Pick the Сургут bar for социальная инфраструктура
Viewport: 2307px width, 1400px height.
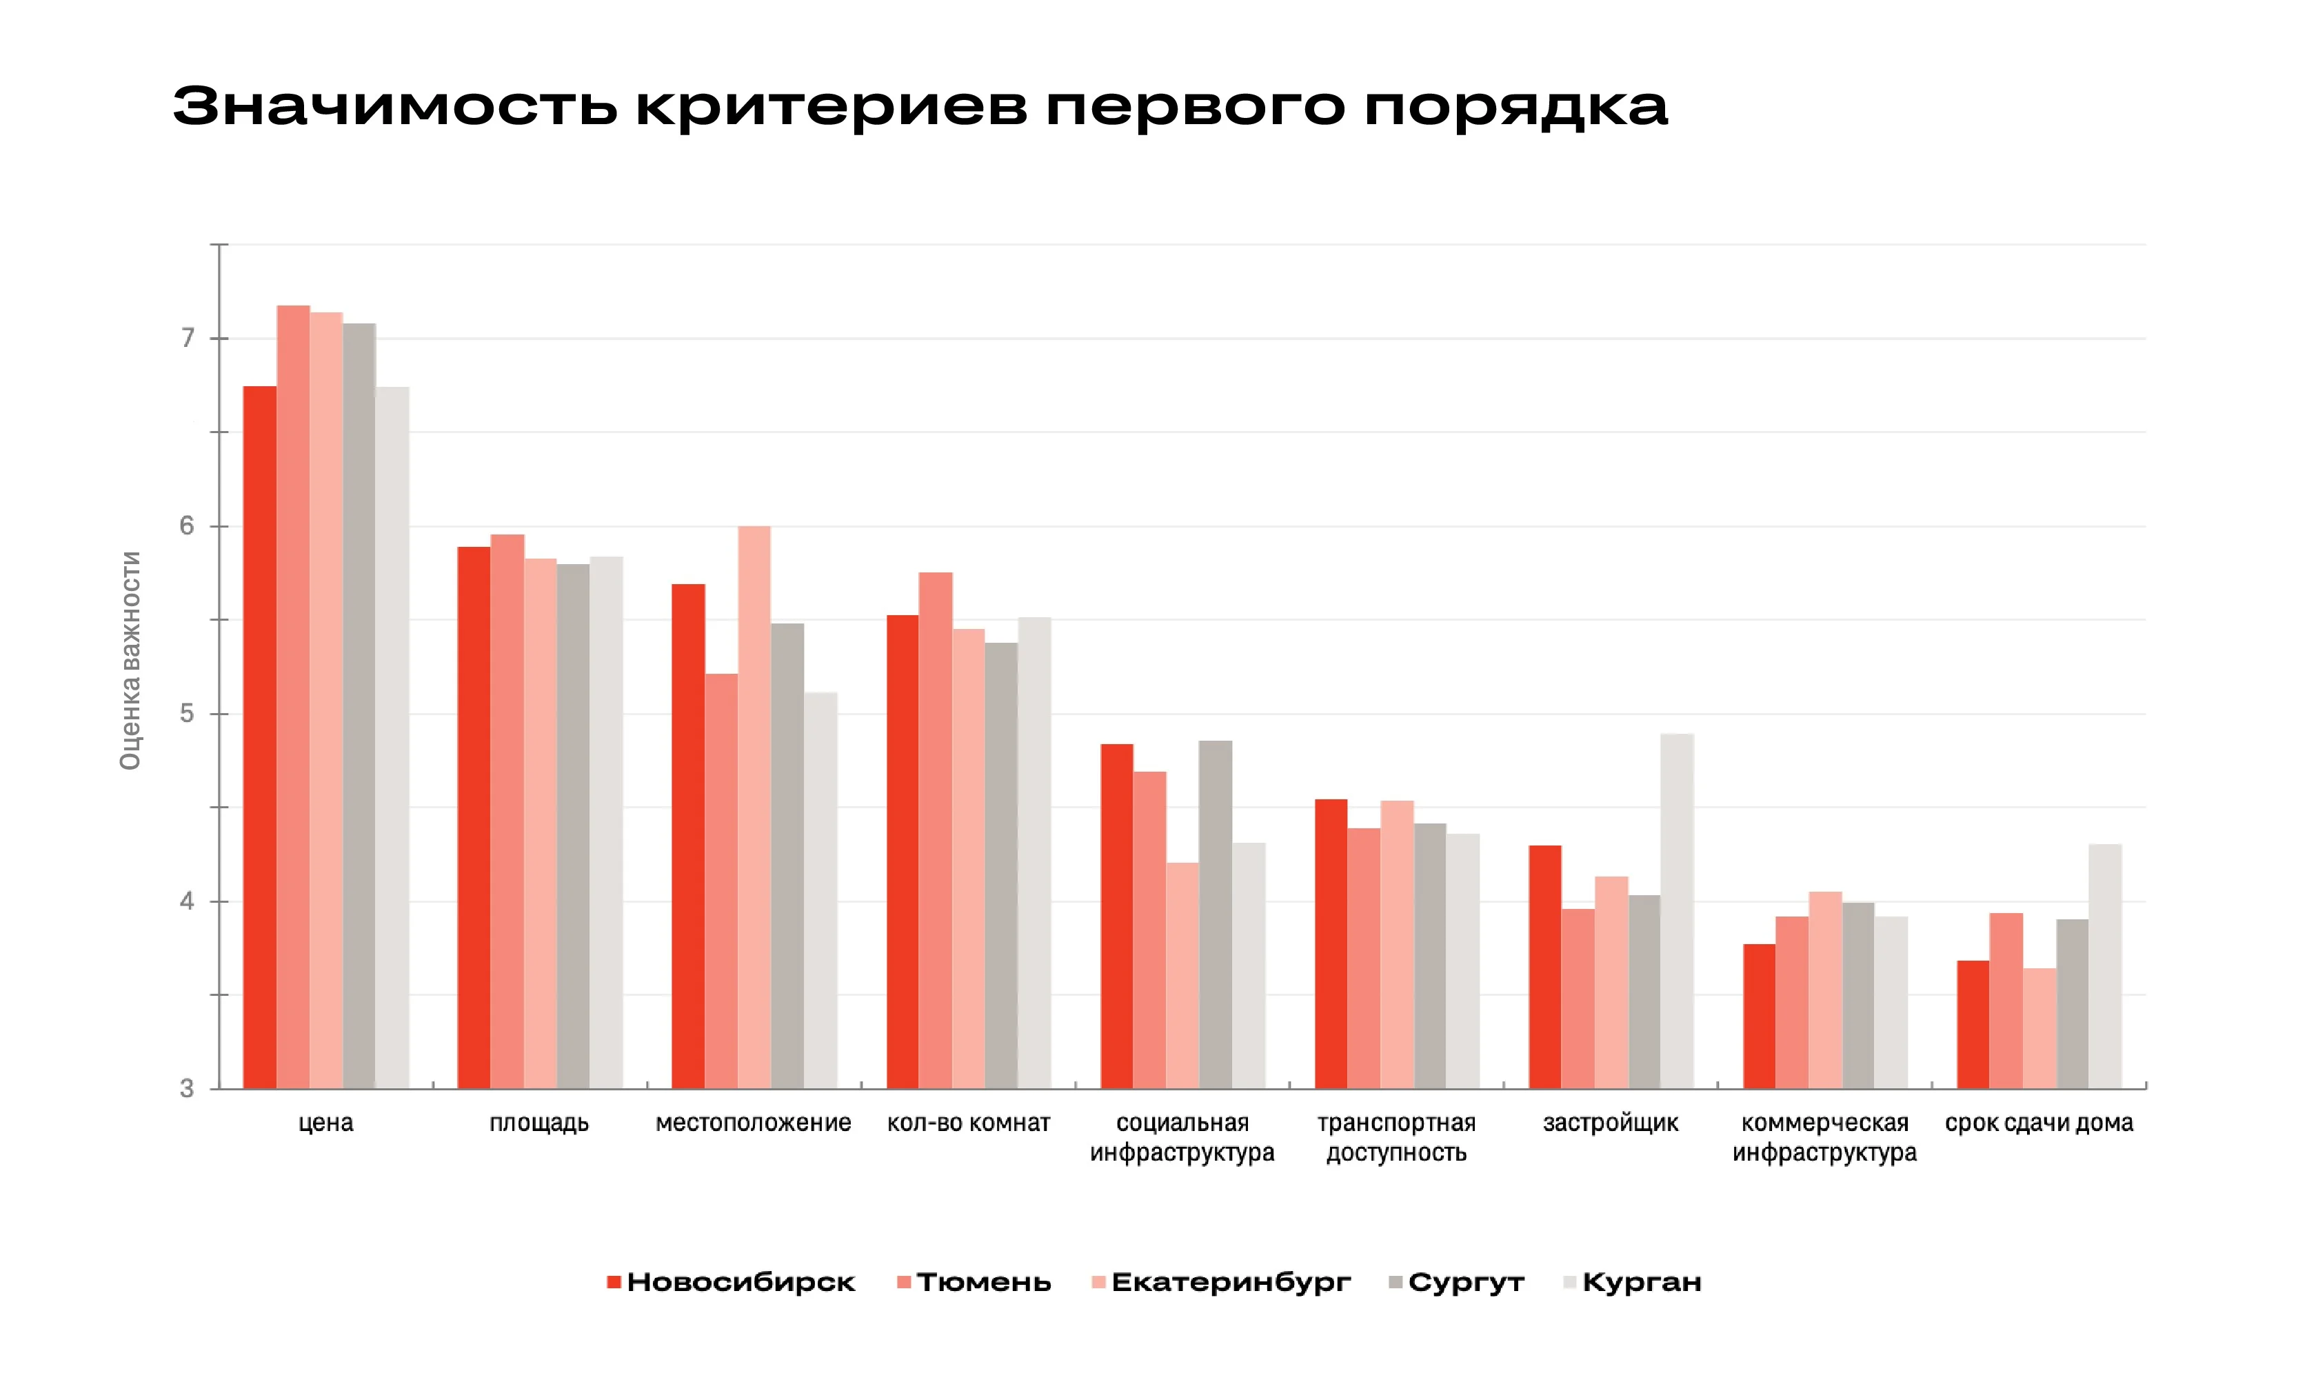tap(1216, 915)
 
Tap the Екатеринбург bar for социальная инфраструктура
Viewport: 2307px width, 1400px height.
tap(1182, 976)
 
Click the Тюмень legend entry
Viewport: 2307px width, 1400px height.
tap(974, 1282)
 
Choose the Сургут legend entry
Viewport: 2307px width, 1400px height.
tap(1456, 1282)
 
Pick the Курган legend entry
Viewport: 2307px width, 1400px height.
tap(1632, 1282)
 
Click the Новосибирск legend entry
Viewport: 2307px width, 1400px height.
tap(730, 1282)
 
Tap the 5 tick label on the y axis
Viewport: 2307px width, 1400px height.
tap(188, 714)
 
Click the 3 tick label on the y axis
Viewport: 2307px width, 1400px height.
tap(188, 1089)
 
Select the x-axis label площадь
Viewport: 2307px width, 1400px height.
tap(539, 1123)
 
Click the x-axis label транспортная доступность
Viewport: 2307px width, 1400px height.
tap(1396, 1138)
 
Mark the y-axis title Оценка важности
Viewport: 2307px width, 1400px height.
tap(130, 660)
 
